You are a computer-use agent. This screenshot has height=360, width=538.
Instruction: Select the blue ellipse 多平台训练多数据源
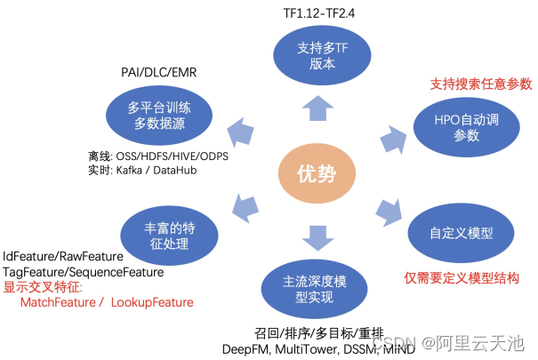click(159, 116)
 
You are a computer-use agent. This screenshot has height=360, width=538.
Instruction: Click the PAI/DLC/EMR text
click(161, 71)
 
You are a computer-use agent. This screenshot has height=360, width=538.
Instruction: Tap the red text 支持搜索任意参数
click(480, 84)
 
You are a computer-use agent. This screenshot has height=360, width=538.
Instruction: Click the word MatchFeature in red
click(57, 302)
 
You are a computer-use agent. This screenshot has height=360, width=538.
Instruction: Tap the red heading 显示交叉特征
click(43, 287)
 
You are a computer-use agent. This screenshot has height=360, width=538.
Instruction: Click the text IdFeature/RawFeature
click(62, 256)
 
